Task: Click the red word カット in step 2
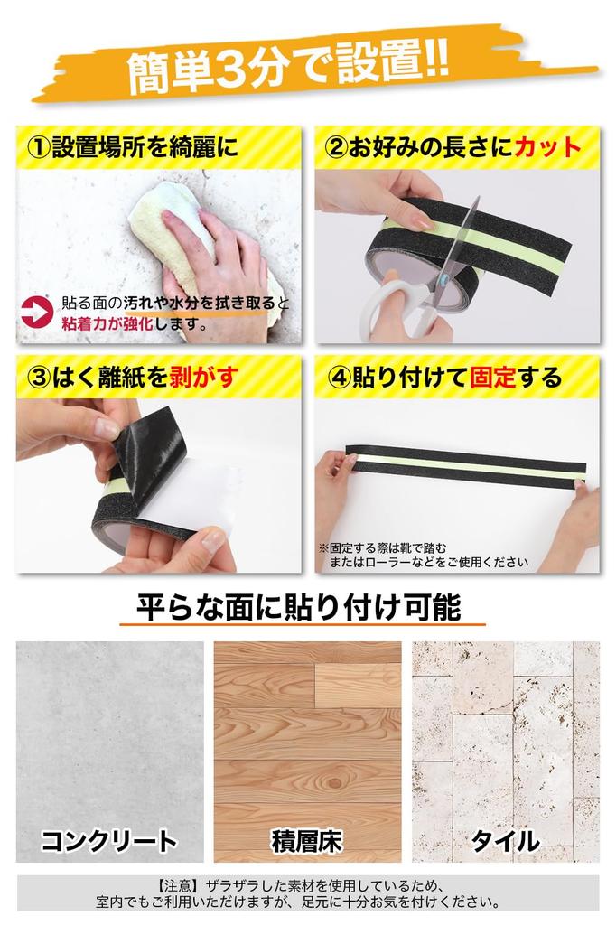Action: (546, 147)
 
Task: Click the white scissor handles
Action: (397, 307)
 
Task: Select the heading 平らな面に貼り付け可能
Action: (298, 606)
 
